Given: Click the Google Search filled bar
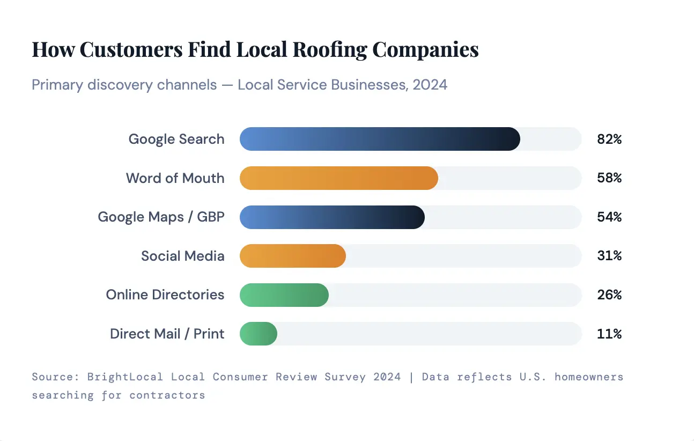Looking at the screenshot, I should tap(380, 139).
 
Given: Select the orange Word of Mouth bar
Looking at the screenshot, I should tap(338, 178).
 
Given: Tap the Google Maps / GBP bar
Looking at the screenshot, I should tap(332, 217).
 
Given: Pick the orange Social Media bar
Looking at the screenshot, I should tap(292, 256).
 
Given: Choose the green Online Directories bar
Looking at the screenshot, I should tap(284, 295).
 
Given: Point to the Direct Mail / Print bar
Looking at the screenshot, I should tap(258, 334).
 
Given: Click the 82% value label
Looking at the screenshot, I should tap(609, 139).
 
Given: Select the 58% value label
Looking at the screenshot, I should tap(609, 178).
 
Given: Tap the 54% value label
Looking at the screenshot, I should tap(609, 217).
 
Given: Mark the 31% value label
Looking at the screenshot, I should tap(609, 256).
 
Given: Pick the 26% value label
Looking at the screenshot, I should tap(609, 295).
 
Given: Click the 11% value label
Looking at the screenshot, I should tap(609, 334).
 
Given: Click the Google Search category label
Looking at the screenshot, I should tap(176, 139).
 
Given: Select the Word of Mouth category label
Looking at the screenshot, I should tap(175, 178).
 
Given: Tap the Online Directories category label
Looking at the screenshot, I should tap(165, 295).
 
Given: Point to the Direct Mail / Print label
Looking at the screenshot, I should tap(167, 334).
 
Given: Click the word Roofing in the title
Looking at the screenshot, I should tap(329, 49).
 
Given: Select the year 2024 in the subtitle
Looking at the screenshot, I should tap(430, 85).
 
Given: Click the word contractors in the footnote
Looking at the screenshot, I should tap(167, 395).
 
